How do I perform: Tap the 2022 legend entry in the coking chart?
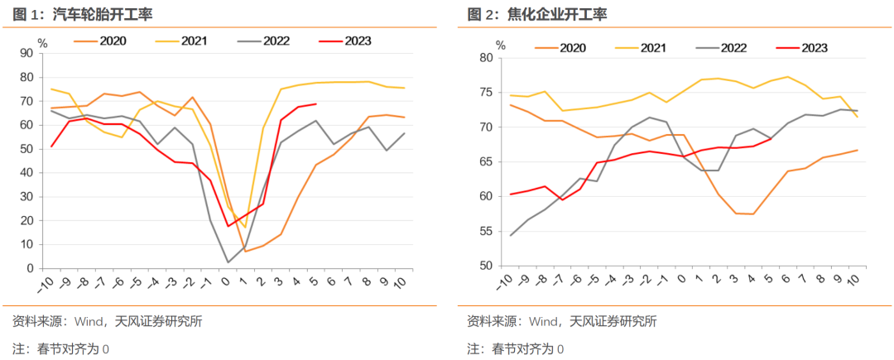point(733,48)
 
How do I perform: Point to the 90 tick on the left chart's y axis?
point(26,53)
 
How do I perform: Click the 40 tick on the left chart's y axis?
point(26,173)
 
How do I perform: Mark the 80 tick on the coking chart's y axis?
point(485,58)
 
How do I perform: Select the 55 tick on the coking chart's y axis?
point(485,231)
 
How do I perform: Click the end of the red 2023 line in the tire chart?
point(316,104)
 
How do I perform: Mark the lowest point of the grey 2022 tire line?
point(228,262)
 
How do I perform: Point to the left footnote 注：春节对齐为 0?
point(60,348)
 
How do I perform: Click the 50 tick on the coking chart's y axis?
point(485,266)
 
